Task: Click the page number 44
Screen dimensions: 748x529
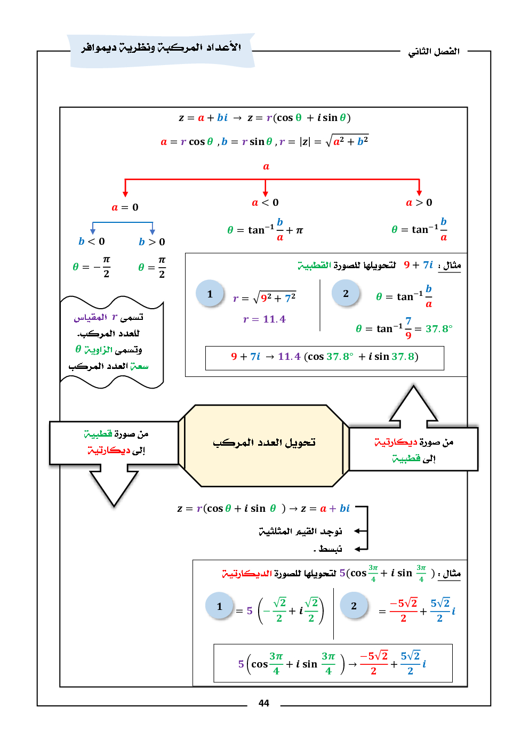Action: (x=263, y=703)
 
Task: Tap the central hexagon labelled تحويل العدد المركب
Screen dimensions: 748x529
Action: (x=264, y=445)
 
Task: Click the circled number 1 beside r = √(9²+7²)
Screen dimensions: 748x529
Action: (x=210, y=294)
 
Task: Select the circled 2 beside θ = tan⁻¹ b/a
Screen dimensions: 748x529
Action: (x=346, y=294)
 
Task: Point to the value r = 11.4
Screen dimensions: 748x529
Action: (x=264, y=319)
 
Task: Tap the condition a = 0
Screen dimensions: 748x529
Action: (x=125, y=207)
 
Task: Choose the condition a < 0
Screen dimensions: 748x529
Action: (x=265, y=203)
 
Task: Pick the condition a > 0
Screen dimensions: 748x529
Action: (x=419, y=203)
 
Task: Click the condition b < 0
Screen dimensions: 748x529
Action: (x=92, y=242)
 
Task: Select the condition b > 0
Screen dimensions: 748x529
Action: (x=152, y=242)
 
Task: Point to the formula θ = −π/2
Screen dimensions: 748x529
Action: (x=92, y=267)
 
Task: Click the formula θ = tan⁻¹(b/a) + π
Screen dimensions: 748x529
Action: (x=265, y=230)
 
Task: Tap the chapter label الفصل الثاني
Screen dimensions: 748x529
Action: (x=434, y=52)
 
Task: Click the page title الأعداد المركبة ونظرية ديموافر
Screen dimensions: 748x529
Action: (x=161, y=48)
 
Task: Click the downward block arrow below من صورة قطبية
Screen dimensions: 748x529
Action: (x=114, y=485)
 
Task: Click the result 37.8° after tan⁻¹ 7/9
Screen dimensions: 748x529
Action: (x=439, y=329)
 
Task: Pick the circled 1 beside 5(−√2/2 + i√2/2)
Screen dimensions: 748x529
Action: (x=219, y=606)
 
